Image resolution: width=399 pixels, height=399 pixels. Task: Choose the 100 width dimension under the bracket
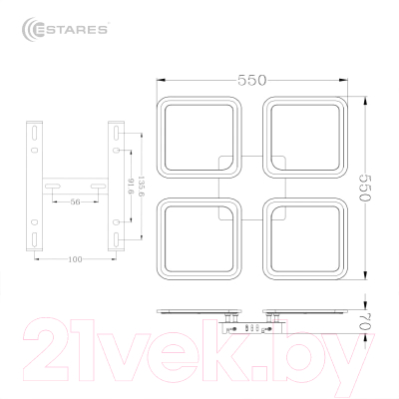pyautogui.click(x=76, y=259)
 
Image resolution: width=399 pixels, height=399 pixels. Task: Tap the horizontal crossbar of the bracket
pyautogui.click(x=76, y=187)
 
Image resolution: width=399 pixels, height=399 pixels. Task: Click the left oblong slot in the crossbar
pyautogui.click(x=56, y=187)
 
